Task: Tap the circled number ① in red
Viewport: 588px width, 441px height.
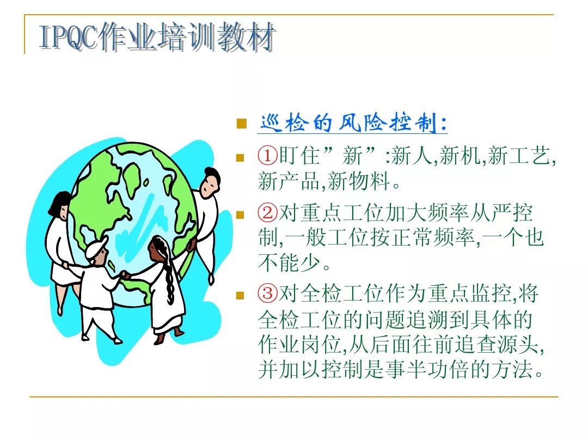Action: [267, 155]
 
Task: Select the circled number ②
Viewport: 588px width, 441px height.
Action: [267, 213]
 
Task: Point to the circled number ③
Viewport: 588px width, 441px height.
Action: [267, 293]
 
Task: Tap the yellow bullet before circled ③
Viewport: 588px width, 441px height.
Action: [240, 296]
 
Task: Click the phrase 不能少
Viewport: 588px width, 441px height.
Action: [289, 262]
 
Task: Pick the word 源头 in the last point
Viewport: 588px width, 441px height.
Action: [519, 344]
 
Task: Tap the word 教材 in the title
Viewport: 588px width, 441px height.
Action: [246, 37]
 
